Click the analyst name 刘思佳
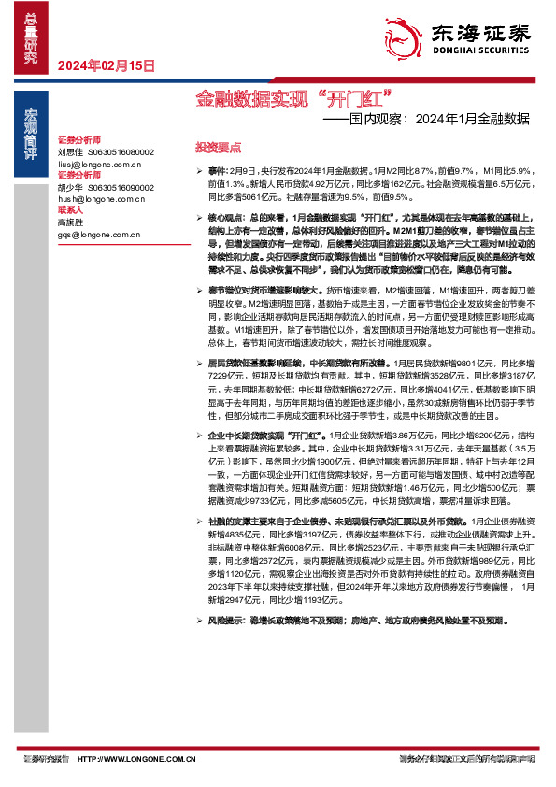pyautogui.click(x=70, y=151)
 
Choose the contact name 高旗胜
pyautogui.click(x=70, y=222)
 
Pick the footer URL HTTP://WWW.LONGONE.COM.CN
pyautogui.click(x=136, y=758)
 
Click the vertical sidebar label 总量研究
pyautogui.click(x=31, y=37)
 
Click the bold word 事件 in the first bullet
pyautogui.click(x=217, y=173)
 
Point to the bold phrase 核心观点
pyautogui.click(x=223, y=216)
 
